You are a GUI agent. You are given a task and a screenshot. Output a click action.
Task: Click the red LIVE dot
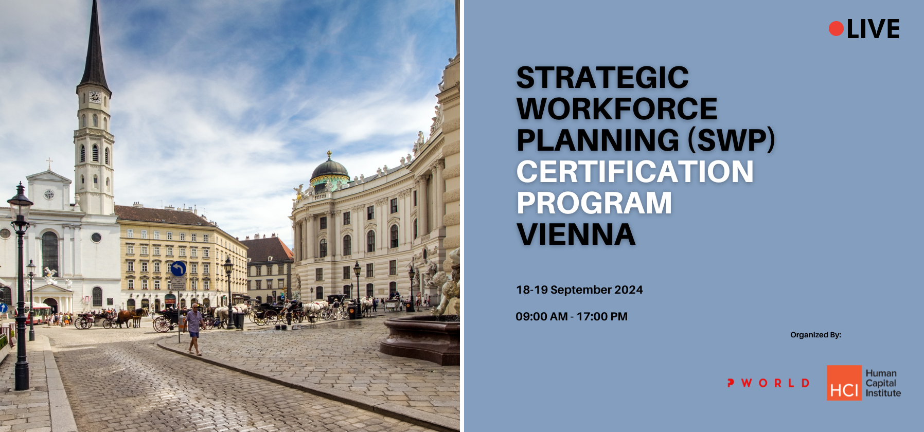point(836,29)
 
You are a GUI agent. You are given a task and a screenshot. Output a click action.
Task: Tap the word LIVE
point(873,29)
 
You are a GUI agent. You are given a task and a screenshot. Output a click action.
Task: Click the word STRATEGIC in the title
point(602,78)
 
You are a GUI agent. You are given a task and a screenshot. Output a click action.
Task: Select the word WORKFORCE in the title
point(617,109)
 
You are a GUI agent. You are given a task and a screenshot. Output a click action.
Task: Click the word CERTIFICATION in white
point(635,171)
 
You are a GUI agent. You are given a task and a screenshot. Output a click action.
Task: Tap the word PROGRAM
point(594,203)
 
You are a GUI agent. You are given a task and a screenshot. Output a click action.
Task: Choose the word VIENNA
point(576,234)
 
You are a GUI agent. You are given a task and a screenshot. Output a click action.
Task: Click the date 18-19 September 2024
point(579,290)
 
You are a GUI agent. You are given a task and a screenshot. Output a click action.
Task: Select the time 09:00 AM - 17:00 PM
point(572,317)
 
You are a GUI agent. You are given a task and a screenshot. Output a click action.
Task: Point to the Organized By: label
point(815,335)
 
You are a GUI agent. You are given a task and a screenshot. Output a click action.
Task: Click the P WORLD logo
point(768,383)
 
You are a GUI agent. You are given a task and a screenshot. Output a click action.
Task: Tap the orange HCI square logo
point(844,383)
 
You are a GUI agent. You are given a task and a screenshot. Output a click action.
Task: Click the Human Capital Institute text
point(883,383)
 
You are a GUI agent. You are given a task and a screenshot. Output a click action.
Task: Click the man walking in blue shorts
point(193,329)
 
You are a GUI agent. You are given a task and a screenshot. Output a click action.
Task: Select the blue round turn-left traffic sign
point(179,268)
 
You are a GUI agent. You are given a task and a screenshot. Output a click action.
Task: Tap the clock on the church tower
point(95,97)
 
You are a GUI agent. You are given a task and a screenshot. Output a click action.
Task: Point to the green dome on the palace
point(329,171)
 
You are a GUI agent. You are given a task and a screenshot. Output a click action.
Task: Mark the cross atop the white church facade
point(49,164)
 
